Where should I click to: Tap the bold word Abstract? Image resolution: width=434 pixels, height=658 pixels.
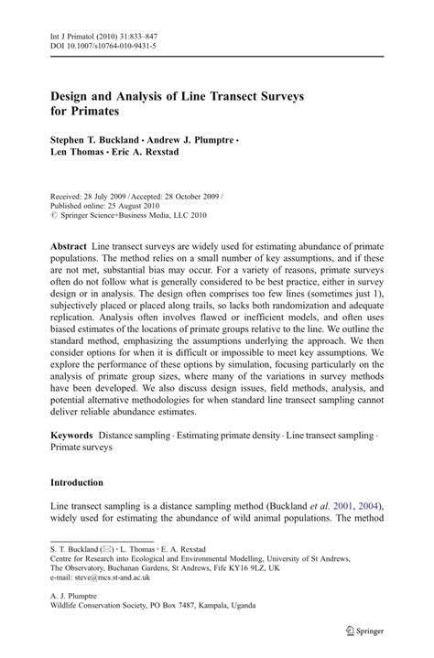(x=69, y=248)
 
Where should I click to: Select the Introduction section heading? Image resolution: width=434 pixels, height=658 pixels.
(x=76, y=482)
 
